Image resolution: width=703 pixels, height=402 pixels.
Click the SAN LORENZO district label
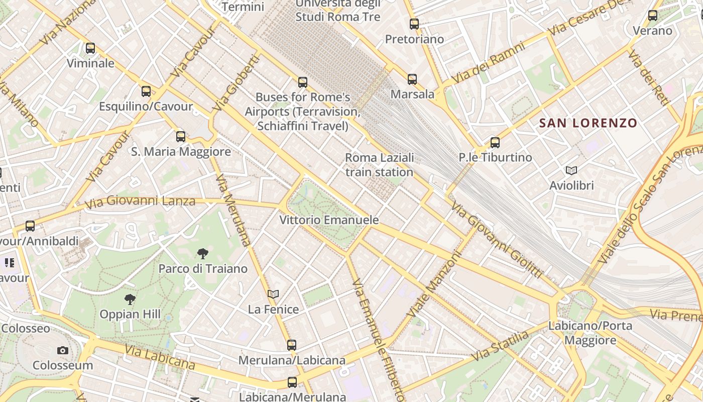pyautogui.click(x=588, y=123)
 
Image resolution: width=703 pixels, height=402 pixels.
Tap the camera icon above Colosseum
pyautogui.click(x=63, y=350)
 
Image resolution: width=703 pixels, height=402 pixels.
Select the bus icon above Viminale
pyautogui.click(x=90, y=48)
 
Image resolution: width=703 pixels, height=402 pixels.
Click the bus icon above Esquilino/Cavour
pyautogui.click(x=146, y=91)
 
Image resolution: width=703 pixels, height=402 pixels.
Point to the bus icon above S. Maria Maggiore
pyautogui.click(x=181, y=136)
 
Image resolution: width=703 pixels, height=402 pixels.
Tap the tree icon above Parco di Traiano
pyautogui.click(x=203, y=253)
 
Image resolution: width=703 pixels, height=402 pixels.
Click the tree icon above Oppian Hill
pyautogui.click(x=130, y=299)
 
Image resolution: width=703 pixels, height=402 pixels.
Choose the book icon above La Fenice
pyautogui.click(x=273, y=294)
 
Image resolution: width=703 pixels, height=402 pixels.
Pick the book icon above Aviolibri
pyautogui.click(x=571, y=170)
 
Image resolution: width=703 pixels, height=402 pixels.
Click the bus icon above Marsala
pyautogui.click(x=412, y=79)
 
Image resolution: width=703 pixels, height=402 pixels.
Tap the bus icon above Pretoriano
pyautogui.click(x=414, y=24)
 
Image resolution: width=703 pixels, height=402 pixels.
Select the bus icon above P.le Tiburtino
pyautogui.click(x=495, y=142)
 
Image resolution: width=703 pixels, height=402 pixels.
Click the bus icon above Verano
pyautogui.click(x=653, y=16)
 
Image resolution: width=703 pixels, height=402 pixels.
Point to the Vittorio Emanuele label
pyautogui.click(x=329, y=220)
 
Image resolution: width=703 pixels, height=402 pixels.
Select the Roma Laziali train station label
pyautogui.click(x=380, y=165)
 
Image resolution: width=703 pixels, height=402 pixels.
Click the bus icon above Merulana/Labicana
pyautogui.click(x=292, y=345)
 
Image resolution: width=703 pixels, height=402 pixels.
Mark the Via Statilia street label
pyautogui.click(x=500, y=346)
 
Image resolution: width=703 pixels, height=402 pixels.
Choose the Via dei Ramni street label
pyautogui.click(x=488, y=63)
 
